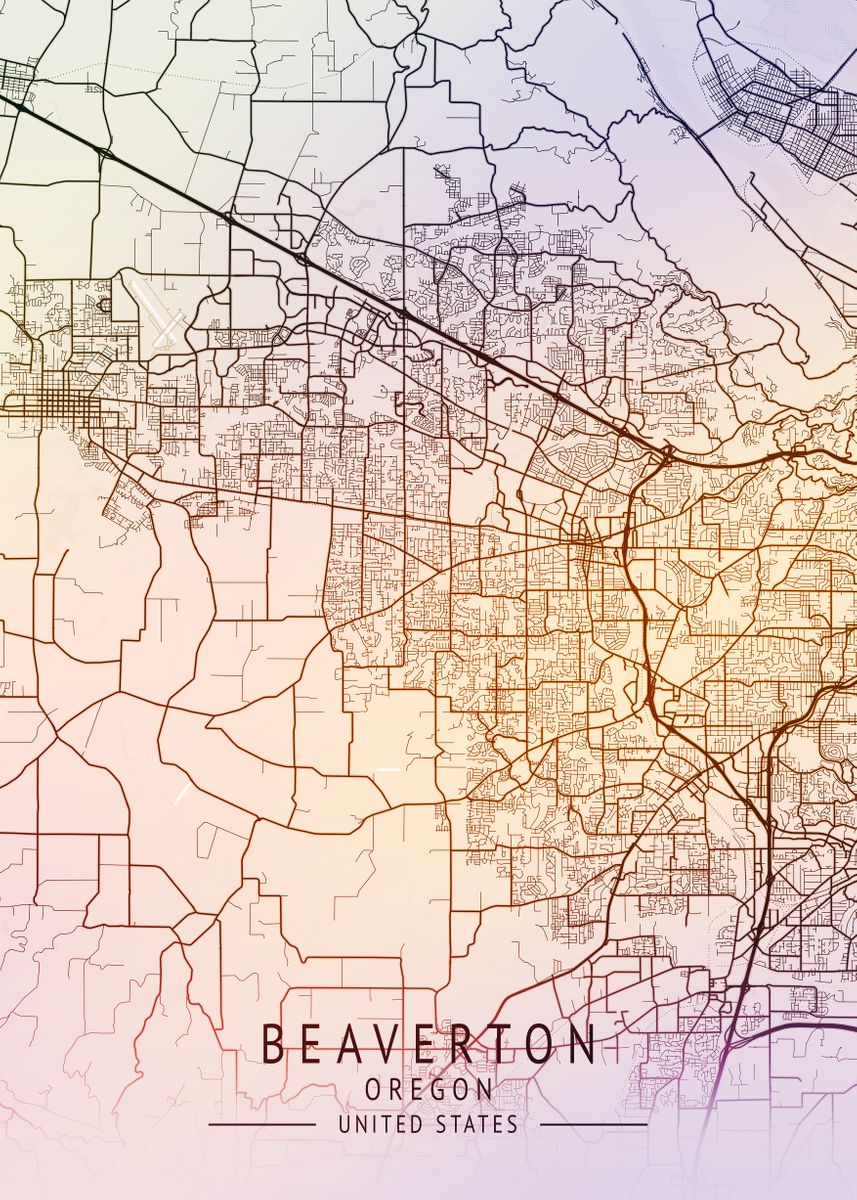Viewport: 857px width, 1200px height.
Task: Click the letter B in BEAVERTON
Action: coord(273,1044)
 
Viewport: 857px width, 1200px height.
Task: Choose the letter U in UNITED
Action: coord(344,1125)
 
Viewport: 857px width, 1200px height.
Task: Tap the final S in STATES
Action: coord(513,1125)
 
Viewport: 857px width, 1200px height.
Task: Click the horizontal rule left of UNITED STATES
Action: coord(262,1125)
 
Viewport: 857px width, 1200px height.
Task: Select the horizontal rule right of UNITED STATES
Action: coord(594,1125)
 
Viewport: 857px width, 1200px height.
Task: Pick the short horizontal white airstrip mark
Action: coord(388,769)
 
